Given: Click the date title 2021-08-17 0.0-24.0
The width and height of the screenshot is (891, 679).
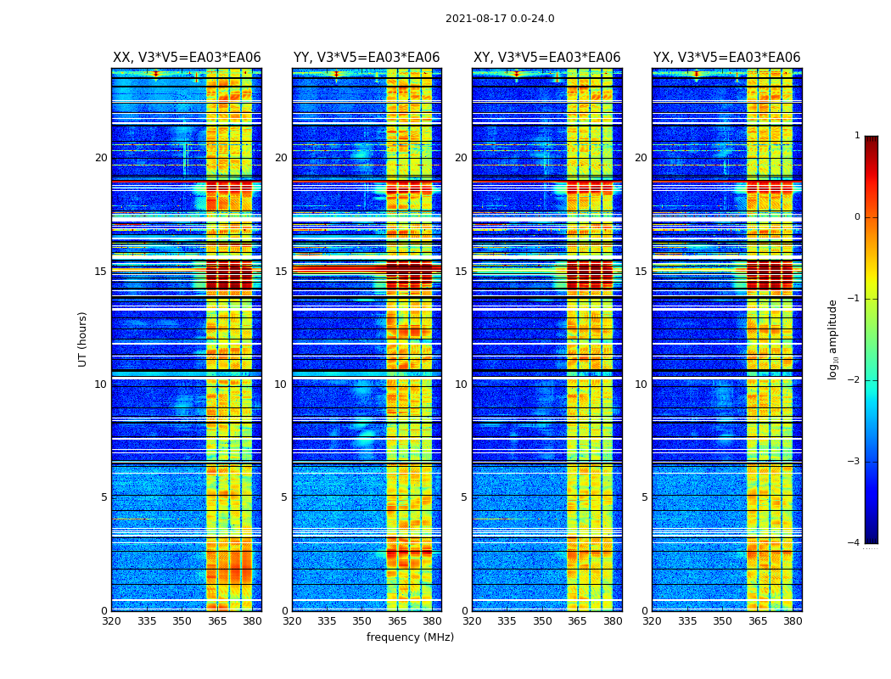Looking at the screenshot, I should click(500, 19).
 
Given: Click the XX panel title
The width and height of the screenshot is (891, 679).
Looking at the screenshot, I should click(187, 58).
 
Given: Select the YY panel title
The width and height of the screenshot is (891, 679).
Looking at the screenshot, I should click(367, 58).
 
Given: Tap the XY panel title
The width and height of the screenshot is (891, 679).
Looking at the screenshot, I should click(546, 58).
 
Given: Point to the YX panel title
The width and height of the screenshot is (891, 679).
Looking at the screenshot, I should click(726, 58).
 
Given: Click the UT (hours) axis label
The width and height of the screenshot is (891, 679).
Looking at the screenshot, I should click(83, 339).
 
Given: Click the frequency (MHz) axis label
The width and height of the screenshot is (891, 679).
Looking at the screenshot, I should click(410, 637).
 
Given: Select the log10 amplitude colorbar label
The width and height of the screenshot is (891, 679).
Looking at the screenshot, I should click(833, 339).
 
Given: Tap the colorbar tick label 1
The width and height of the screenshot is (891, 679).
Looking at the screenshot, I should click(857, 136).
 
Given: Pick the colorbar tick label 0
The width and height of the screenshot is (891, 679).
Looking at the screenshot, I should click(857, 217).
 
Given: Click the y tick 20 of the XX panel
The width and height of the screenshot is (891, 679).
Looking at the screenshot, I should click(101, 158).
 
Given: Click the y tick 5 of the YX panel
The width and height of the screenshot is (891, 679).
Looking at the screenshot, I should click(644, 497).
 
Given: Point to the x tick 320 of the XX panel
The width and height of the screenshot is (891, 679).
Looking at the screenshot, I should click(111, 621).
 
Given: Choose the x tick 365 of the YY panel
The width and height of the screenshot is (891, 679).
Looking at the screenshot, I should click(397, 621).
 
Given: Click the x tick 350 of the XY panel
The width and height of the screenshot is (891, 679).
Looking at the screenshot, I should click(542, 621).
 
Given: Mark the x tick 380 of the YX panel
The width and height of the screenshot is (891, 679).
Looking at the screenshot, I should click(793, 621).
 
